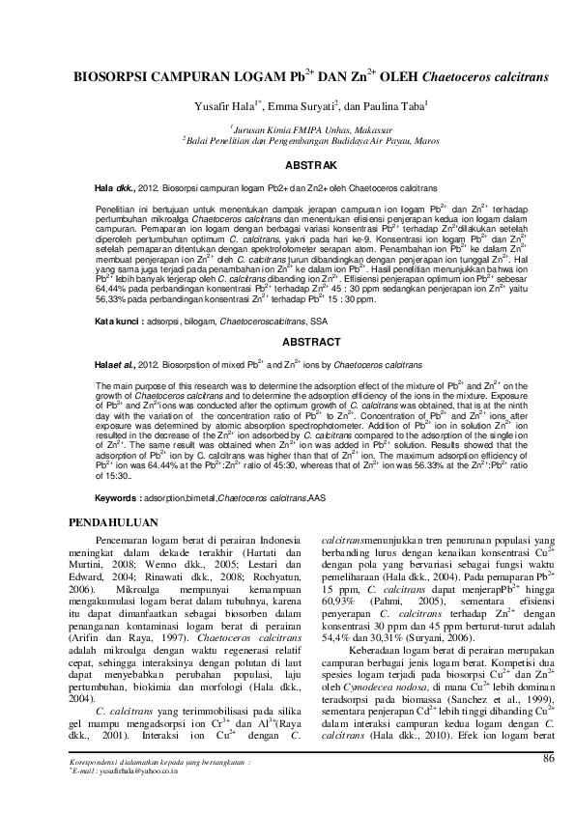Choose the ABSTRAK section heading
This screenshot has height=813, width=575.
click(x=287, y=165)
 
